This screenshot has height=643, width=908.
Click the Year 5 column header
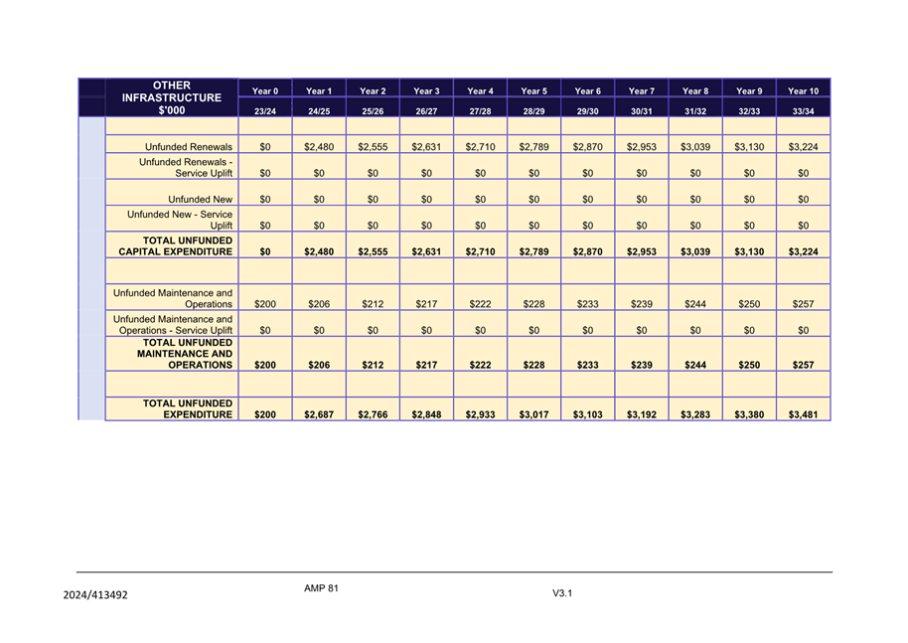click(x=533, y=91)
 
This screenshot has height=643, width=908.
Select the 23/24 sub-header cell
click(x=265, y=111)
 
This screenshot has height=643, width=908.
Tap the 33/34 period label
click(x=803, y=111)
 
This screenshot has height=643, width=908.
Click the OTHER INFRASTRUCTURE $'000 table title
click(x=172, y=98)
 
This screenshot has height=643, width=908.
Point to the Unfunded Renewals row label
click(x=189, y=146)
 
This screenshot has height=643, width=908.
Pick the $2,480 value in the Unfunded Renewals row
click(x=319, y=146)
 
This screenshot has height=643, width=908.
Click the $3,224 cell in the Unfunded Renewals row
click(x=803, y=146)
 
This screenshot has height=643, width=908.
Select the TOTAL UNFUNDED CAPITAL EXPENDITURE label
click(x=175, y=246)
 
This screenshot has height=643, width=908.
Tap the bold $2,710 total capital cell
click(x=480, y=252)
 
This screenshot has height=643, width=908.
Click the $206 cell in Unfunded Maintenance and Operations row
click(x=319, y=305)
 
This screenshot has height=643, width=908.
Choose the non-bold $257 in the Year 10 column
click(x=803, y=305)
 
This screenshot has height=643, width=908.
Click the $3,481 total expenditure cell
click(x=803, y=415)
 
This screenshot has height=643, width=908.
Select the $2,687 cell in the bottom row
click(x=319, y=415)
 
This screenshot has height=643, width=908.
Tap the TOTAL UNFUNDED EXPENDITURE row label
click(x=188, y=409)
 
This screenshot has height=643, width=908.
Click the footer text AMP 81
click(x=322, y=588)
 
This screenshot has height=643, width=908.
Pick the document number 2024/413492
click(x=95, y=595)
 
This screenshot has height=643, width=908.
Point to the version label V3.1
click(x=564, y=593)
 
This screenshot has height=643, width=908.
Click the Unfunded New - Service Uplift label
click(x=180, y=220)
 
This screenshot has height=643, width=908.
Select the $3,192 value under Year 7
click(x=642, y=415)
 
